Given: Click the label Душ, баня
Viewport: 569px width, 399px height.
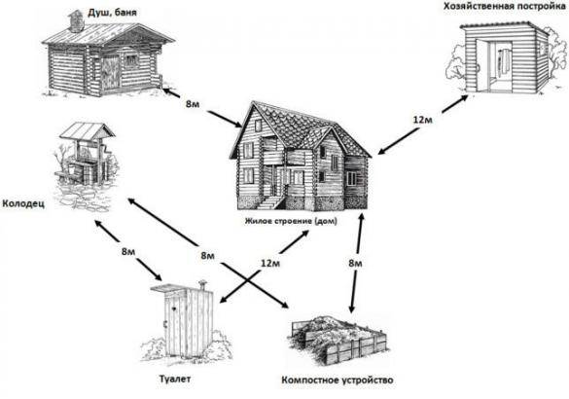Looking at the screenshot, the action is tap(112, 13).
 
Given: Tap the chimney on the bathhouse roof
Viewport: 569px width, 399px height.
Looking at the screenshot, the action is tap(77, 21).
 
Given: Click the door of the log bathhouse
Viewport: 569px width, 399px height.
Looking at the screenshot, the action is tap(110, 72).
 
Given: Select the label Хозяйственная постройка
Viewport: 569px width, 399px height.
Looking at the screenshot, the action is tap(505, 6).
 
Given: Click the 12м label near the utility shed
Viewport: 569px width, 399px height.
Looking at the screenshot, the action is tap(423, 120).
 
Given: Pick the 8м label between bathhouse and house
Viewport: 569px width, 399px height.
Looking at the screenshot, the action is tap(193, 104).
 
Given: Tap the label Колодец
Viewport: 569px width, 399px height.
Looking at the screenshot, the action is tap(23, 203).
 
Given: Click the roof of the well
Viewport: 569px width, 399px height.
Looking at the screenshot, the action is tap(88, 130).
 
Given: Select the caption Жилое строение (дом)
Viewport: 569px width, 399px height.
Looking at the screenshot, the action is tap(291, 221).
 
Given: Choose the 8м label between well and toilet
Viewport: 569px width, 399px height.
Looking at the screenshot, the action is tap(128, 251).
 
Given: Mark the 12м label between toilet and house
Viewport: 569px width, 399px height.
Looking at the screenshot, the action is tap(270, 263).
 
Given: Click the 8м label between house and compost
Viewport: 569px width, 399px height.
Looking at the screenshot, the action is tap(355, 263).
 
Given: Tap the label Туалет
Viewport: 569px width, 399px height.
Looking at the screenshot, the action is tap(174, 379).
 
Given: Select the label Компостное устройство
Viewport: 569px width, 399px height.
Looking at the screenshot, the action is tap(338, 381).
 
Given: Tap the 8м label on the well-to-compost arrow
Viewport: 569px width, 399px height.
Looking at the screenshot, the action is tap(208, 256).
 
